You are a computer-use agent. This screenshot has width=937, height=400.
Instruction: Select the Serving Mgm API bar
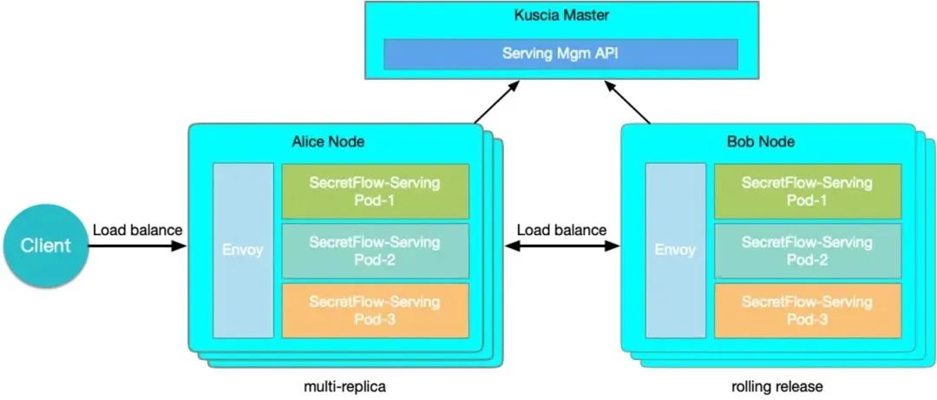coord(561,53)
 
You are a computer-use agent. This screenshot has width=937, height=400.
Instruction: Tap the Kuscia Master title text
coord(561,16)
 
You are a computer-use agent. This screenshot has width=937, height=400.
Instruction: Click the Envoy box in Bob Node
coord(674,251)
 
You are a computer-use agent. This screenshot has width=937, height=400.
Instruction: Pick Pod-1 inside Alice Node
coord(375,192)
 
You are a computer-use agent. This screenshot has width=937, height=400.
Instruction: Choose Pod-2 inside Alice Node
coord(375,251)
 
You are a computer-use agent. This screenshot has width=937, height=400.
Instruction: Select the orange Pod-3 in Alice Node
coord(375,310)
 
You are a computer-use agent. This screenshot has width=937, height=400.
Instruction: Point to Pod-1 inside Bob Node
coord(807,192)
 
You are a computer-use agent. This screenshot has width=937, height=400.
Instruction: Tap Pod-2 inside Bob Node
coord(807,251)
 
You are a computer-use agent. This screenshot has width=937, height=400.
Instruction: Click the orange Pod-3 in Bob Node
coord(807,310)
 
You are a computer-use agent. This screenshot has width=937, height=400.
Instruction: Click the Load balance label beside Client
coord(137,230)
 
